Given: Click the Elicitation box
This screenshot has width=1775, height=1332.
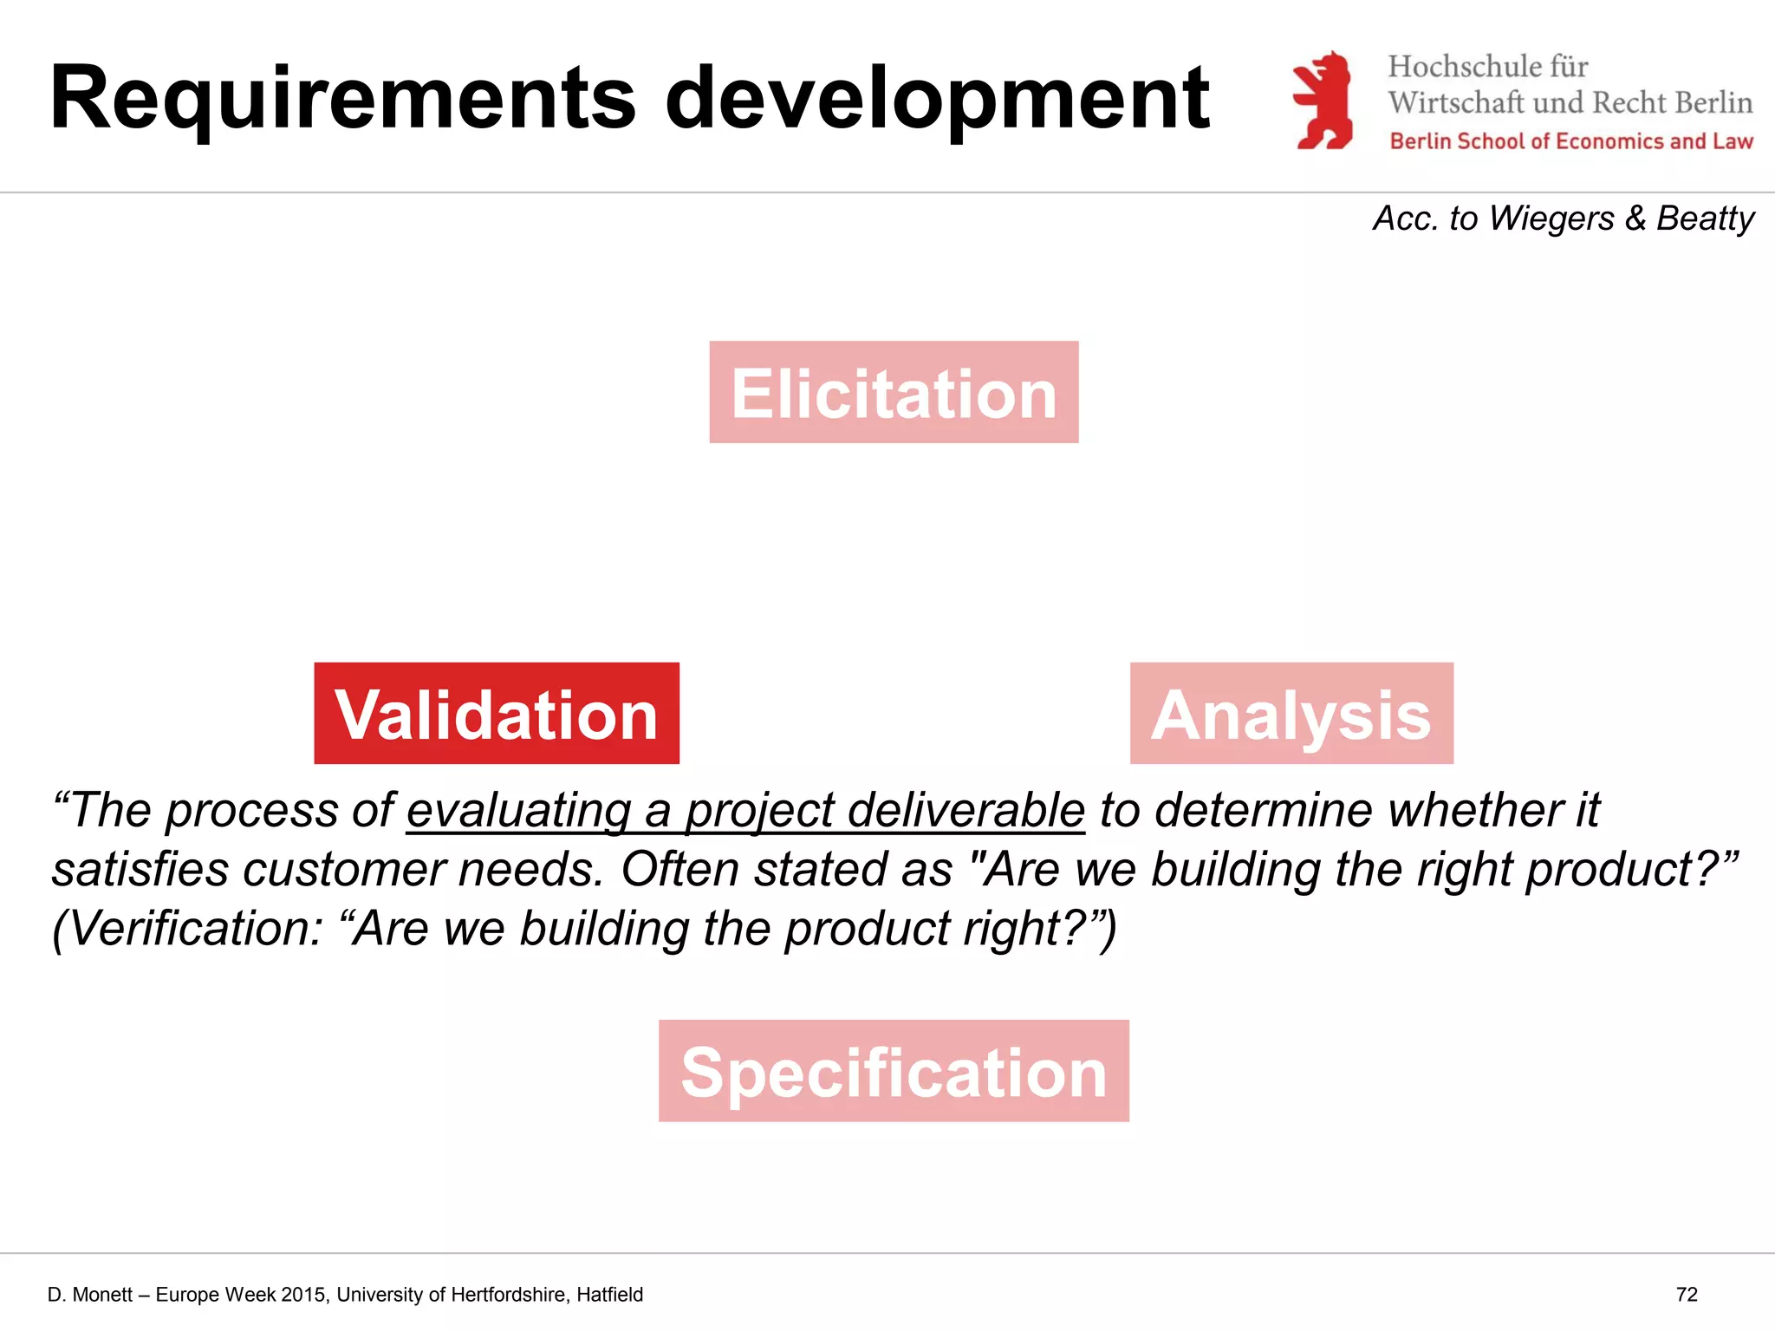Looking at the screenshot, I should point(894,392).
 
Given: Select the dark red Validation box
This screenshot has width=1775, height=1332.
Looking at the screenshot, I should point(497,714).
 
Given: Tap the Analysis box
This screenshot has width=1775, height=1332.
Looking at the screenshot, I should point(1291,714).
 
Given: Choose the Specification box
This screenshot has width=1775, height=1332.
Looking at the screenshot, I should point(894,1071).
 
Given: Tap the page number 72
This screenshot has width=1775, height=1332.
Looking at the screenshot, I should point(1687,1295).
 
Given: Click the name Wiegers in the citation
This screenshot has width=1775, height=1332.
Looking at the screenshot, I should point(1551,218).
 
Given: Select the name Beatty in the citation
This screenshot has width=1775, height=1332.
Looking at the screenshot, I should point(1705,218).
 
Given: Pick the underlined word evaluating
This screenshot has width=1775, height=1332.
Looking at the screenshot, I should point(518,811).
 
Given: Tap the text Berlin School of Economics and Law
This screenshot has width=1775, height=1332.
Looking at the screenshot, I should point(1571,141).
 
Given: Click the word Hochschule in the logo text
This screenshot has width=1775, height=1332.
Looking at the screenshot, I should point(1464,67).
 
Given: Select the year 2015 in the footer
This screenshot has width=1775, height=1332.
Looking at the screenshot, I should point(304,1295).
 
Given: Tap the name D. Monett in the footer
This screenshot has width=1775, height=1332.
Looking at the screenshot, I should point(90,1295).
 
